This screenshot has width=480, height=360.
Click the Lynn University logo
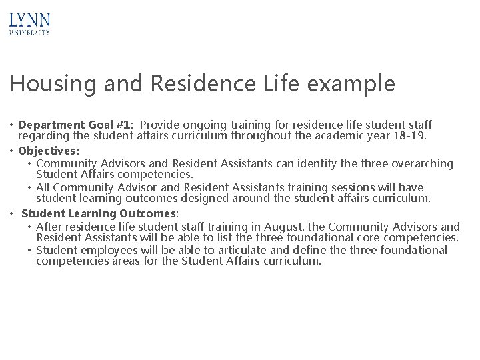tap(30, 23)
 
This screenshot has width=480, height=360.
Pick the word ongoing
tap(204, 125)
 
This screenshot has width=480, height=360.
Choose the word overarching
tap(419, 163)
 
